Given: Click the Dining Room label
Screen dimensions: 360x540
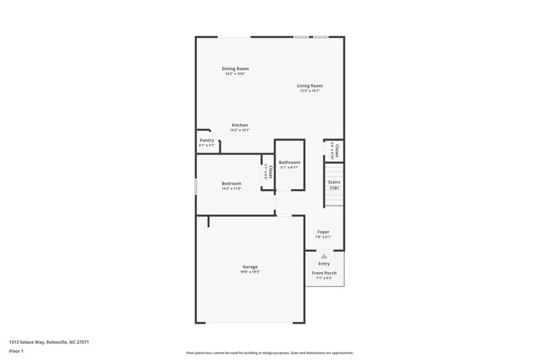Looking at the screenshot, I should [236, 69].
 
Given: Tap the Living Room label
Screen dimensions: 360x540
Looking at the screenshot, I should [310, 86].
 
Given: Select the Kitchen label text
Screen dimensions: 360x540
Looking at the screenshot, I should [240, 125].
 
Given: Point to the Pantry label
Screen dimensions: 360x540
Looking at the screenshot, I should [207, 140].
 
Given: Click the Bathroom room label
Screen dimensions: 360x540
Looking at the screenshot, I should [290, 162].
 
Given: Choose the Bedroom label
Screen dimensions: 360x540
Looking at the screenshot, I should [232, 184].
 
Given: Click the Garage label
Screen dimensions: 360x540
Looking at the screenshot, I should [250, 267].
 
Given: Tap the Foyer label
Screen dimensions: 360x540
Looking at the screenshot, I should [323, 232].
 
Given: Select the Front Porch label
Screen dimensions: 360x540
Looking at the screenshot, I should [324, 273].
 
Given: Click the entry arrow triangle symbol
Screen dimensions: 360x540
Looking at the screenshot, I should [324, 256].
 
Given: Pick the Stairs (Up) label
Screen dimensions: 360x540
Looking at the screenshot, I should [333, 184].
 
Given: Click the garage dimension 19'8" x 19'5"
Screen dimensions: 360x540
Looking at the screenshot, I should [250, 272].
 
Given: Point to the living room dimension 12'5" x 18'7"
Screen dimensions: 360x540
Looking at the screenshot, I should [310, 91].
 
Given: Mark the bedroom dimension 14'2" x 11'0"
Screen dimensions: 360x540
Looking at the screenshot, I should [232, 189].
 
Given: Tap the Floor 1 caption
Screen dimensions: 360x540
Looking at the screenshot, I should [16, 351].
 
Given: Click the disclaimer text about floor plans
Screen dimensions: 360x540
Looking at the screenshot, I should [270, 353].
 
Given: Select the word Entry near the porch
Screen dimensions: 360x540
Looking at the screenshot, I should [324, 263].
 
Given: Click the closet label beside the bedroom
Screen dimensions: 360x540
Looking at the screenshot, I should [269, 172].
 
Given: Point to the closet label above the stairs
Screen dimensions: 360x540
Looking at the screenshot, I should [335, 149].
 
